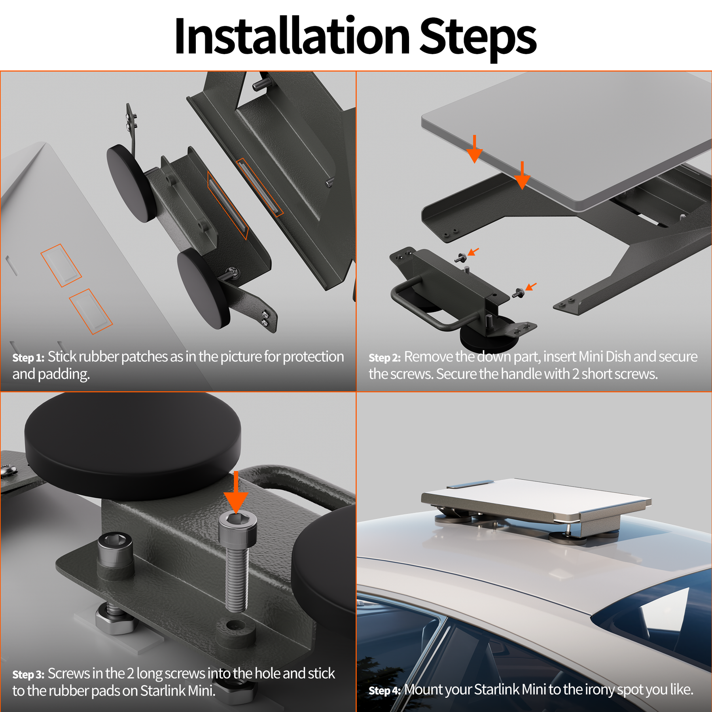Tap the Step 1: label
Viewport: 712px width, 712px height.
[28, 358]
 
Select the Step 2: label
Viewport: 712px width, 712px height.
[384, 358]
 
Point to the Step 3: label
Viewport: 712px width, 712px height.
[28, 674]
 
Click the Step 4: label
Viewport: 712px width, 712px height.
[384, 691]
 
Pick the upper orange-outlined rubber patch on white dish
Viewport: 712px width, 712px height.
[61, 265]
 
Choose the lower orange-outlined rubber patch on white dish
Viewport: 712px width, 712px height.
[91, 311]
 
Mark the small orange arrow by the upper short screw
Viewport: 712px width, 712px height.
[473, 252]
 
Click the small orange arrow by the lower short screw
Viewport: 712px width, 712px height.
[531, 286]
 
